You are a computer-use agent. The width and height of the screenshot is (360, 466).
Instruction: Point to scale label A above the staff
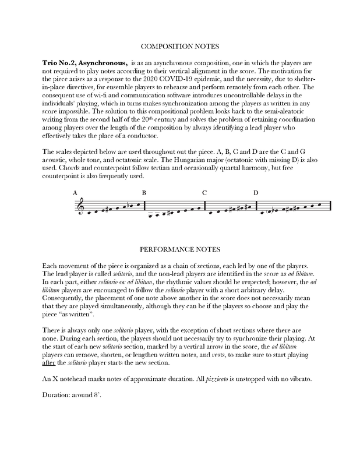click(75, 193)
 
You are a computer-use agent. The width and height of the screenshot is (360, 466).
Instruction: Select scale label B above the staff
click(144, 192)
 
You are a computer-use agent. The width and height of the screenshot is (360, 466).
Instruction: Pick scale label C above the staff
click(204, 193)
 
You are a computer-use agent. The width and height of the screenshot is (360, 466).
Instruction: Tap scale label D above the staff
click(256, 193)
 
